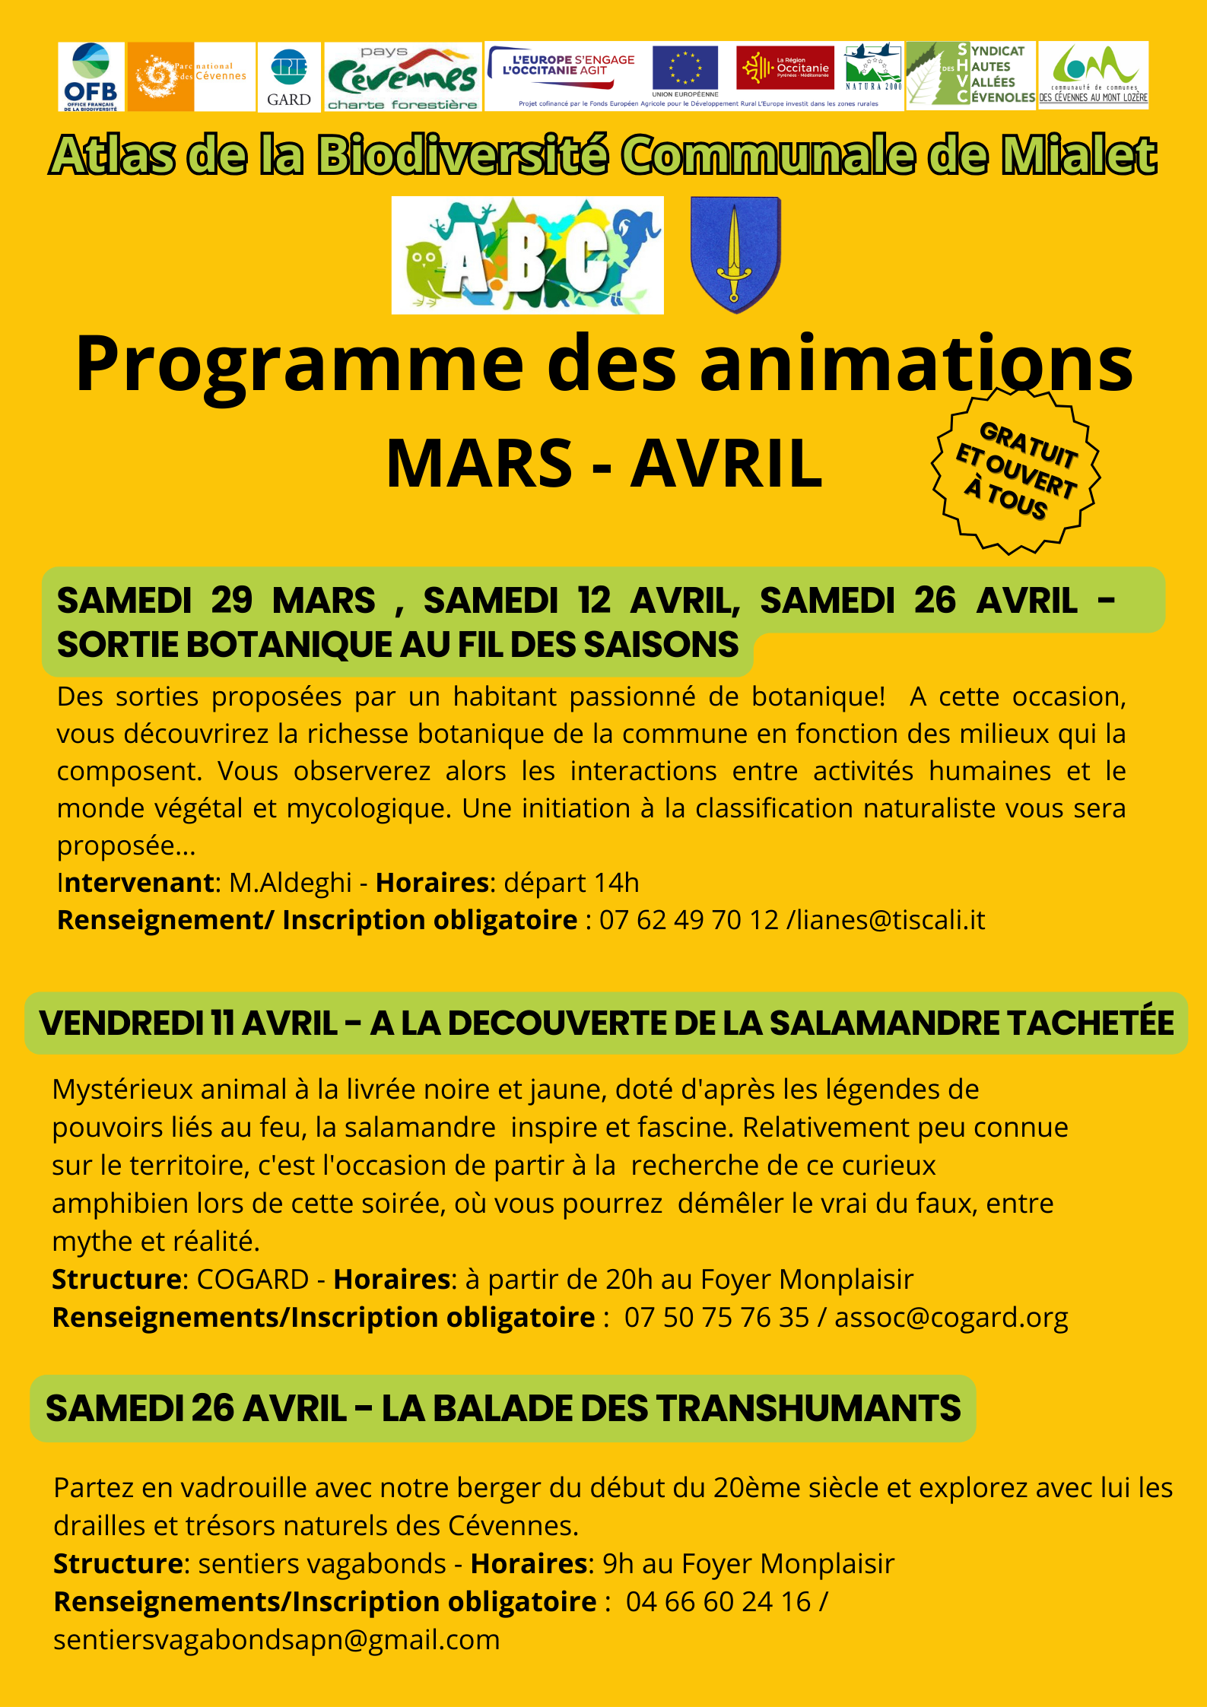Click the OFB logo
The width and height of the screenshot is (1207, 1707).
[91, 76]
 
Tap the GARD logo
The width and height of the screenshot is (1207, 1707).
[289, 77]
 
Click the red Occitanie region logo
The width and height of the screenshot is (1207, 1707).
[785, 68]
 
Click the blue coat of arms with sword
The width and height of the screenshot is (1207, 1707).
[735, 254]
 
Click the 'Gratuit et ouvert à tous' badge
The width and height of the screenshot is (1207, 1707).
[1016, 471]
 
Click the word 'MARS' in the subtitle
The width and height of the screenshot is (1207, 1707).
[479, 464]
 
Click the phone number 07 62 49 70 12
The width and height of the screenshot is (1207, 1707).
[689, 920]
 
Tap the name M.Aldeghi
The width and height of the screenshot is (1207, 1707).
[291, 883]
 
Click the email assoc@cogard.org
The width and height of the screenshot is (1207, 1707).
[951, 1318]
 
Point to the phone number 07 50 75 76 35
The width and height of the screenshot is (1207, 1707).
[716, 1318]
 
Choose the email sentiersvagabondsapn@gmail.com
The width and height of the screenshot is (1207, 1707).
[277, 1640]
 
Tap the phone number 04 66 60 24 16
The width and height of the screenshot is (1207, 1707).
[718, 1602]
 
